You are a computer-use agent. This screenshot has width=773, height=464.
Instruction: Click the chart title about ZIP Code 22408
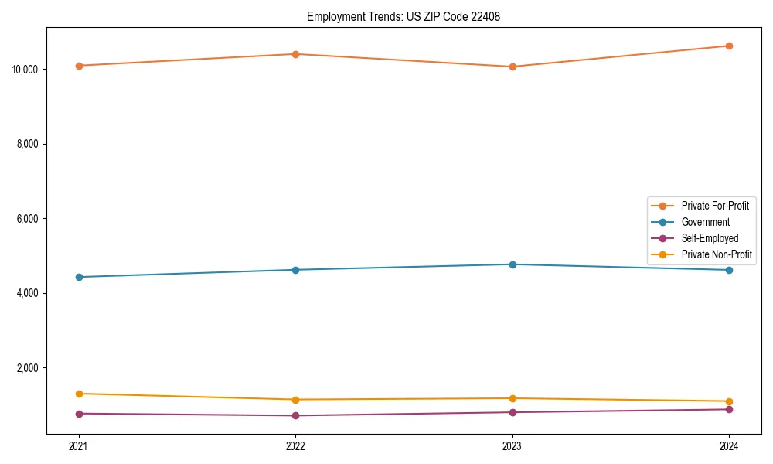[x=404, y=16]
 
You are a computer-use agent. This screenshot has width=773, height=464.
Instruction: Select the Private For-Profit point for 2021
[x=79, y=66]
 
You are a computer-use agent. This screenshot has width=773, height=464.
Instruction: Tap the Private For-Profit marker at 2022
[x=295, y=54]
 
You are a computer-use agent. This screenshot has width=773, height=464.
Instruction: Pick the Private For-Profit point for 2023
[x=512, y=67]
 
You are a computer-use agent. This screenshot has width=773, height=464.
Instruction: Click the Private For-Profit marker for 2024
[x=729, y=46]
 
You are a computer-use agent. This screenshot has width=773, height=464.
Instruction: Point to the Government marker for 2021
[x=79, y=277]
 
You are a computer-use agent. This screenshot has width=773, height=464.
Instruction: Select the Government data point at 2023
[x=512, y=264]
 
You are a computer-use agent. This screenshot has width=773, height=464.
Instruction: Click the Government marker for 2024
[x=729, y=270]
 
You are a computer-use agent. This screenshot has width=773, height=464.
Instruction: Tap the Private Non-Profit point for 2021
[x=79, y=394]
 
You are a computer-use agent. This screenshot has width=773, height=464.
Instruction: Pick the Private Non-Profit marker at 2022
[x=295, y=400]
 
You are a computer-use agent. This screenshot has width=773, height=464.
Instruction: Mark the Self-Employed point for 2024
[x=729, y=409]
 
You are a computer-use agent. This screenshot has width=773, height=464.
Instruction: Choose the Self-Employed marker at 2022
[x=295, y=416]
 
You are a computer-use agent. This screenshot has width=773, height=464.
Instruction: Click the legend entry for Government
[x=705, y=222]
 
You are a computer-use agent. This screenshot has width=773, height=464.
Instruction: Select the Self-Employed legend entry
[x=710, y=238]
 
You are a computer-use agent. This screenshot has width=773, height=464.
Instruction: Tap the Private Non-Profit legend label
[x=717, y=254]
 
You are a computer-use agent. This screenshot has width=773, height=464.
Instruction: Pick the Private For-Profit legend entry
[x=715, y=206]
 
